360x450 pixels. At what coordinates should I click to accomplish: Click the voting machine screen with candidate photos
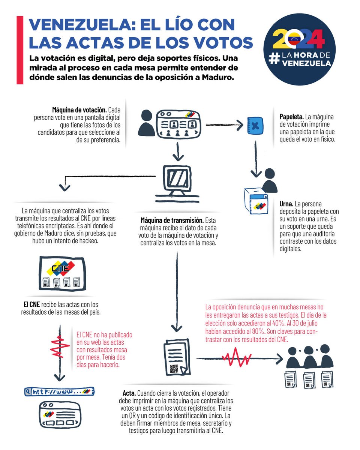(x=179, y=124)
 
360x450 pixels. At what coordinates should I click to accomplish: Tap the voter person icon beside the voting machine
(x=146, y=124)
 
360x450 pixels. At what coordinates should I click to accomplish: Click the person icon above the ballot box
(x=270, y=180)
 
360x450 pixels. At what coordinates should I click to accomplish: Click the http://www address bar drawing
(x=59, y=392)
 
